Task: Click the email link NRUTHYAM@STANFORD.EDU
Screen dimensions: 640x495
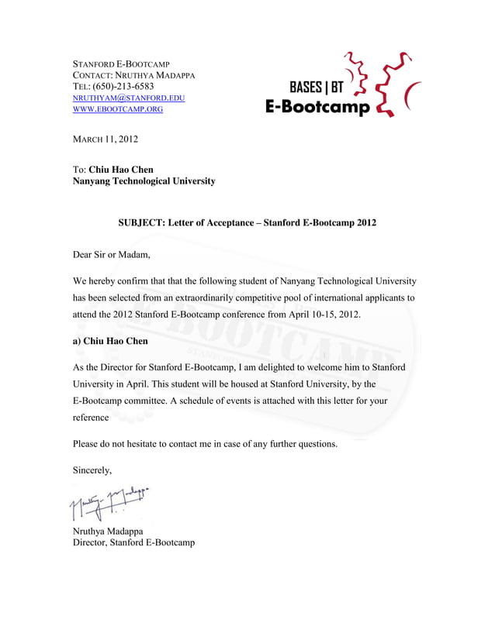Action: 128,98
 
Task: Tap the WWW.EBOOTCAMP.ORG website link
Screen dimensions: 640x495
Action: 117,110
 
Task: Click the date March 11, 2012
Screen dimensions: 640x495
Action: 105,139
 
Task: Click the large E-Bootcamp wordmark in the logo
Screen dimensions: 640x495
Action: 318,107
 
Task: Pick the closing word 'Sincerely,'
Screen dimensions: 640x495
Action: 92,470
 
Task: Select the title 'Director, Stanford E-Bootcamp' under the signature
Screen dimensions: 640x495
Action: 133,542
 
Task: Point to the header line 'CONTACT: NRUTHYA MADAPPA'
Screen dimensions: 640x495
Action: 133,75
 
